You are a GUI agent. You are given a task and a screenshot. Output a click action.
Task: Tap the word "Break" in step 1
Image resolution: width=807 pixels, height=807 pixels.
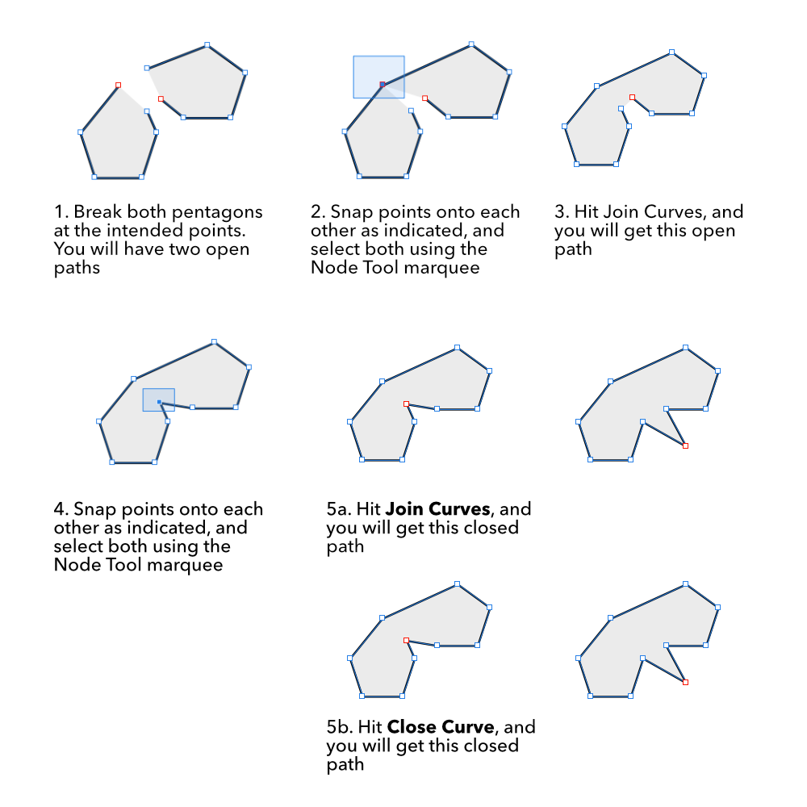(x=98, y=211)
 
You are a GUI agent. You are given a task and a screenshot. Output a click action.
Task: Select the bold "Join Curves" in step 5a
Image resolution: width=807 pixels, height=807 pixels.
(x=437, y=509)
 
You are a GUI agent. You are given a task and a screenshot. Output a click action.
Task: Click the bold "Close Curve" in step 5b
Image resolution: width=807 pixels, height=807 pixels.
(x=441, y=727)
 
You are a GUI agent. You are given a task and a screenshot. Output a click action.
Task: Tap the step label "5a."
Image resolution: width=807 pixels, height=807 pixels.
(x=338, y=509)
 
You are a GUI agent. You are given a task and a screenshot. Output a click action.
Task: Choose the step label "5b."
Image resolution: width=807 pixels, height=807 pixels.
(x=339, y=727)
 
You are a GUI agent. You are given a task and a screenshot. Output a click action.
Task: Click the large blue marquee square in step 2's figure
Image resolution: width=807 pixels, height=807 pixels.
(x=378, y=77)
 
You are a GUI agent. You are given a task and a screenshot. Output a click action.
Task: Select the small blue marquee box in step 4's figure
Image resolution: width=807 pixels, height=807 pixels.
(x=158, y=400)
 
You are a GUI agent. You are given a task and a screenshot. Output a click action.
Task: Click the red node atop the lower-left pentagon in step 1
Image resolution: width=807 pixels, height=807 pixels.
(x=119, y=85)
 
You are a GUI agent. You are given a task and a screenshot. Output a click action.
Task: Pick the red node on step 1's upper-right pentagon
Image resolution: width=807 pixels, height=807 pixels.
(x=161, y=98)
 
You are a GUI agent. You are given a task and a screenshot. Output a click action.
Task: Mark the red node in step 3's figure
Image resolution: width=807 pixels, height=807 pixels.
(x=632, y=98)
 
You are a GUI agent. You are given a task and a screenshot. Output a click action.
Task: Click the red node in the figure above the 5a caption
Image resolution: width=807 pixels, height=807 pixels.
(x=406, y=404)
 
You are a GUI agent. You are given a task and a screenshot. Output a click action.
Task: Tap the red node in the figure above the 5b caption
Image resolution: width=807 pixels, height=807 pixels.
(x=406, y=640)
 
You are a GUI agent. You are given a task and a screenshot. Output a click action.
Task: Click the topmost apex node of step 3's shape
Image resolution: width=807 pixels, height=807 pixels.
(x=671, y=52)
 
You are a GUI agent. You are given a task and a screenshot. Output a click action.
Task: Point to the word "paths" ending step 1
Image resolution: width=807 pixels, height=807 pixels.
(x=77, y=269)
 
